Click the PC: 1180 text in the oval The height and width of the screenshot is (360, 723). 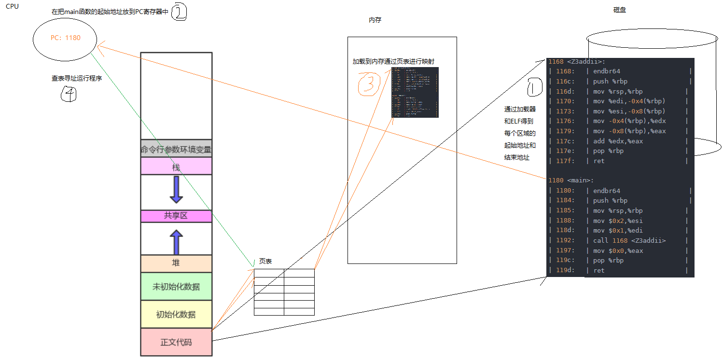66,38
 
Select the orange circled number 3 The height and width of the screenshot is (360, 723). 369,83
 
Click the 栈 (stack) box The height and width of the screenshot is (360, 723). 176,167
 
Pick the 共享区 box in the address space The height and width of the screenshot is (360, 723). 176,216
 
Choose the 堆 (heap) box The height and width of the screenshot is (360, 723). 176,263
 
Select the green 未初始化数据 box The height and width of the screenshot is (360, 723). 176,286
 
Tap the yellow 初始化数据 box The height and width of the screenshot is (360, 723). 176,314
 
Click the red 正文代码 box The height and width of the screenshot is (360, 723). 176,342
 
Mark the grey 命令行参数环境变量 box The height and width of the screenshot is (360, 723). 176,150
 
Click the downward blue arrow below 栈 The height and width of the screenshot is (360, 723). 176,189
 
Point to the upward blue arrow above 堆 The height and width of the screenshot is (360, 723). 176,242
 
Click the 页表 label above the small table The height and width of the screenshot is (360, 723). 265,261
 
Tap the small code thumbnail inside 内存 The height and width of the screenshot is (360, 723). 415,92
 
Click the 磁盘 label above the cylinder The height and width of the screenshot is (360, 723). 619,10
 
